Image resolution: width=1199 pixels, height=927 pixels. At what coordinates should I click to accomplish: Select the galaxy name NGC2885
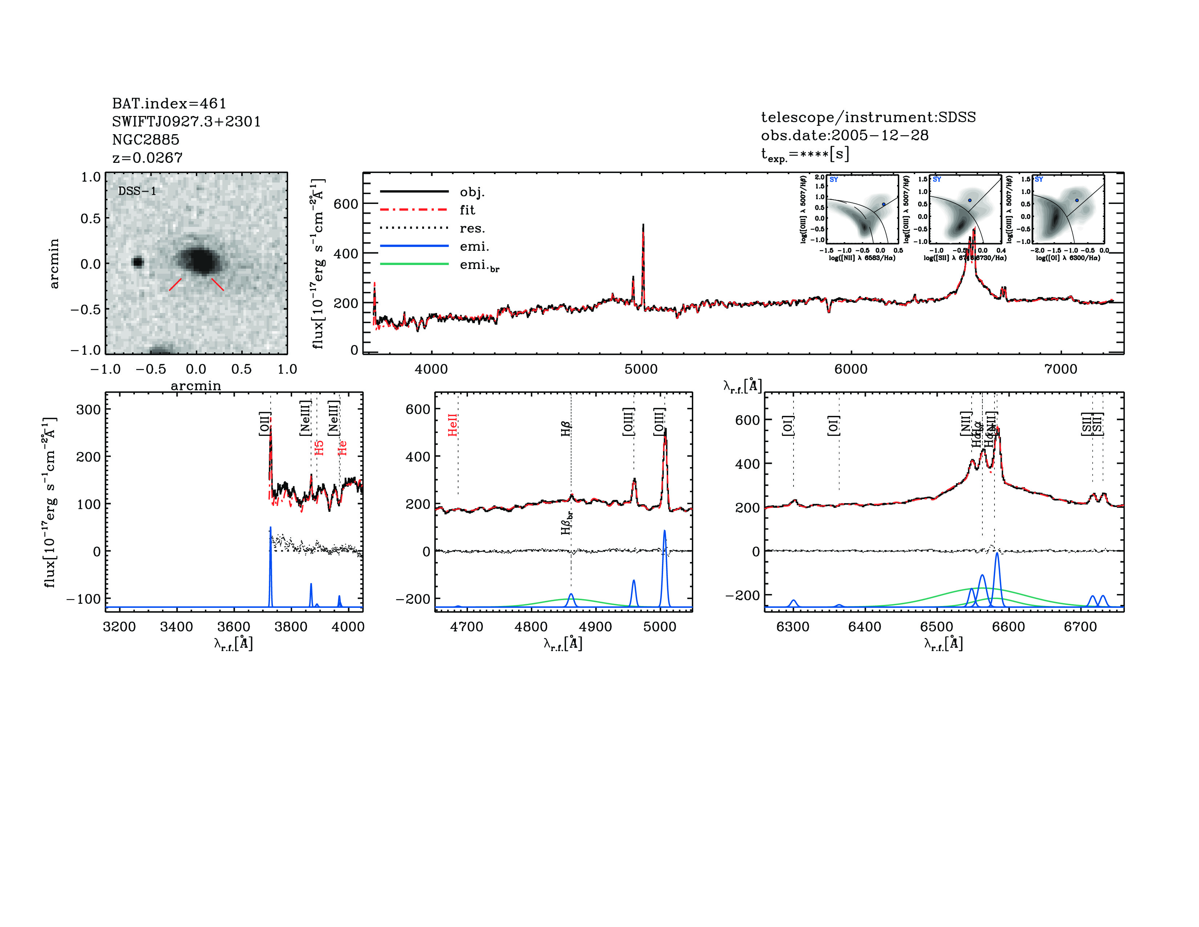[x=145, y=140]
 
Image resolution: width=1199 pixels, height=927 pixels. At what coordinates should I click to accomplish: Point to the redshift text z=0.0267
[x=147, y=158]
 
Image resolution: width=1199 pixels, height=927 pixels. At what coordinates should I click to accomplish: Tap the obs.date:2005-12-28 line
[x=844, y=135]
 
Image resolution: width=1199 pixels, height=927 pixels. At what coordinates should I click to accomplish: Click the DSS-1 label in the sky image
[x=137, y=191]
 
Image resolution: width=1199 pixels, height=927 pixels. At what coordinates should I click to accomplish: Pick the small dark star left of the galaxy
[x=138, y=262]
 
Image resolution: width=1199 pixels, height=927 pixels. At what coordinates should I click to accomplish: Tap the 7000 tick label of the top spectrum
[x=1061, y=369]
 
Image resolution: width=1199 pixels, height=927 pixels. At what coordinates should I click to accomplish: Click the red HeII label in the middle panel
[x=452, y=426]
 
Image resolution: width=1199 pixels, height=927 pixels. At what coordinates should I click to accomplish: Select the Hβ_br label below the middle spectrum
[x=566, y=523]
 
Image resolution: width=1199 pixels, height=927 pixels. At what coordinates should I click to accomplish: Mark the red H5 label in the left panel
[x=319, y=448]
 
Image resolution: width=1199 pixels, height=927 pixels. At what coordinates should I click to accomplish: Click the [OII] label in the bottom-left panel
[x=265, y=424]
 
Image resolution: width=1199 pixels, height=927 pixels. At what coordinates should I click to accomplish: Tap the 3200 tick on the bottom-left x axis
[x=119, y=627]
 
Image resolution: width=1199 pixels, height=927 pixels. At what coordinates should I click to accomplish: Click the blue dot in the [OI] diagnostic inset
[x=1077, y=200]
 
